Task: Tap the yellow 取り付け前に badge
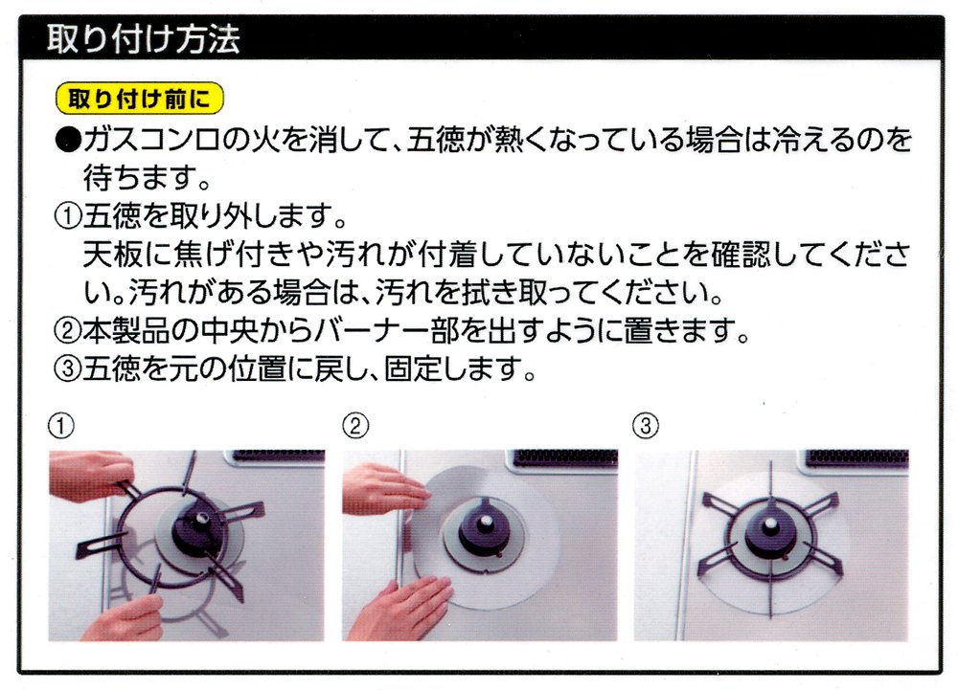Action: click(140, 98)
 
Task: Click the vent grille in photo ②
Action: click(566, 457)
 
